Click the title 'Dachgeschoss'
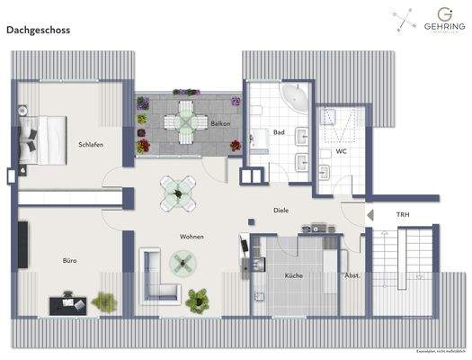[x=38, y=30]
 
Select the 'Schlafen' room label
[x=92, y=144]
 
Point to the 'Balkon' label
[x=221, y=122]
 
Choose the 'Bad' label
[x=280, y=132]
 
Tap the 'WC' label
[x=342, y=151]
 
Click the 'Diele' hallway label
[x=281, y=210]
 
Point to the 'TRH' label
[x=403, y=214]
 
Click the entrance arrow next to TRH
[x=370, y=214]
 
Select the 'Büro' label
[x=69, y=261]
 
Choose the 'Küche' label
[x=294, y=275]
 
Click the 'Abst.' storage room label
[x=352, y=275]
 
